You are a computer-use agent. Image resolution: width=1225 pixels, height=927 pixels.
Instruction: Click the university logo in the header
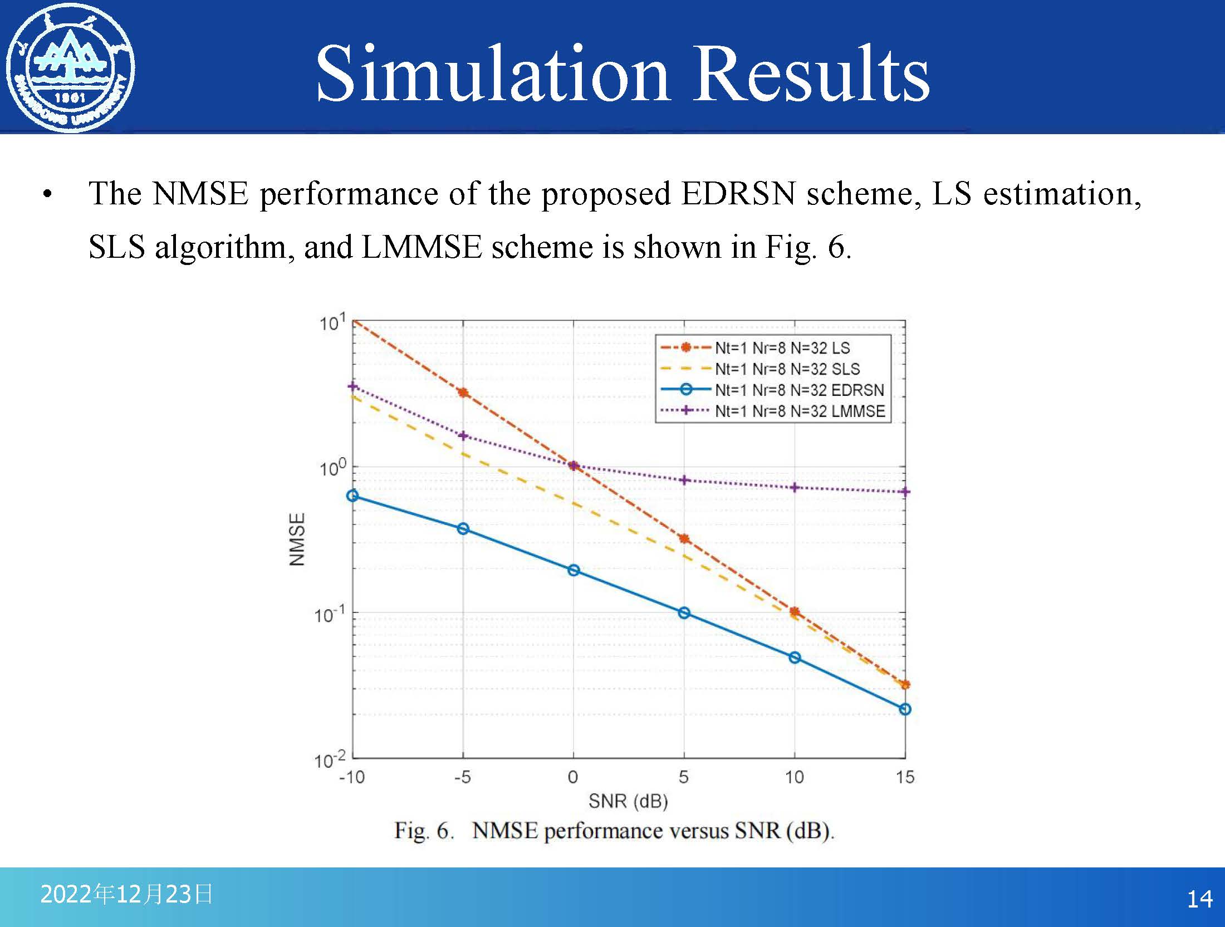[x=70, y=68]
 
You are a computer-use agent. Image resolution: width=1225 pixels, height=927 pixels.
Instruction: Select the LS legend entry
[x=755, y=348]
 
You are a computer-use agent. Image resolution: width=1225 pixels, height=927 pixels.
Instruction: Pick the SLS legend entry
[x=760, y=369]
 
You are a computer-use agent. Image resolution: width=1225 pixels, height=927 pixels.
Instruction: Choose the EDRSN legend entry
[x=772, y=390]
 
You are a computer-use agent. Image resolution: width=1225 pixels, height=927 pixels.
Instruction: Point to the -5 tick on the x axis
[x=462, y=777]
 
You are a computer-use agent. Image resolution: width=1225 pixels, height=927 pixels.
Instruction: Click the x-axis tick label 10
[x=795, y=777]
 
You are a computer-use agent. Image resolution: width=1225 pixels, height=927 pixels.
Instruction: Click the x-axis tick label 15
[x=905, y=777]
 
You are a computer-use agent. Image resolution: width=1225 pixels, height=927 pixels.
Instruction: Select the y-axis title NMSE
[x=297, y=539]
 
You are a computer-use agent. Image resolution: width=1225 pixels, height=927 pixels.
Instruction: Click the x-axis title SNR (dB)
[x=628, y=801]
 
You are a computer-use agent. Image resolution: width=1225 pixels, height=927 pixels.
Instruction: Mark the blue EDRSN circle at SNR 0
[x=574, y=570]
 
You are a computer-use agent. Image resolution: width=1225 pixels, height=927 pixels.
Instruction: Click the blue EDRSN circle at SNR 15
[x=905, y=709]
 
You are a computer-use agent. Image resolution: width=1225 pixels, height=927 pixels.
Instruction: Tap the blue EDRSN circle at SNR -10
[x=352, y=496]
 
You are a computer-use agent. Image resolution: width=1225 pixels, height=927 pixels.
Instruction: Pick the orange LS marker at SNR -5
[x=463, y=393]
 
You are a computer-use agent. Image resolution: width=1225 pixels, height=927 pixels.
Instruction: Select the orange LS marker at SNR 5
[x=684, y=538]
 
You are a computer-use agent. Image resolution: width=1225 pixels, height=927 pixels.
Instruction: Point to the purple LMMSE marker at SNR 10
[x=795, y=488]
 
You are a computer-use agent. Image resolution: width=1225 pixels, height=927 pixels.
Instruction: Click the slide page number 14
[x=1199, y=899]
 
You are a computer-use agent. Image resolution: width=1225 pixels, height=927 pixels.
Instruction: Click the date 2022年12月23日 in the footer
[x=126, y=894]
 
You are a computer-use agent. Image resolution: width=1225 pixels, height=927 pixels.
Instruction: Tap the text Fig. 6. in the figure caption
[x=424, y=831]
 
